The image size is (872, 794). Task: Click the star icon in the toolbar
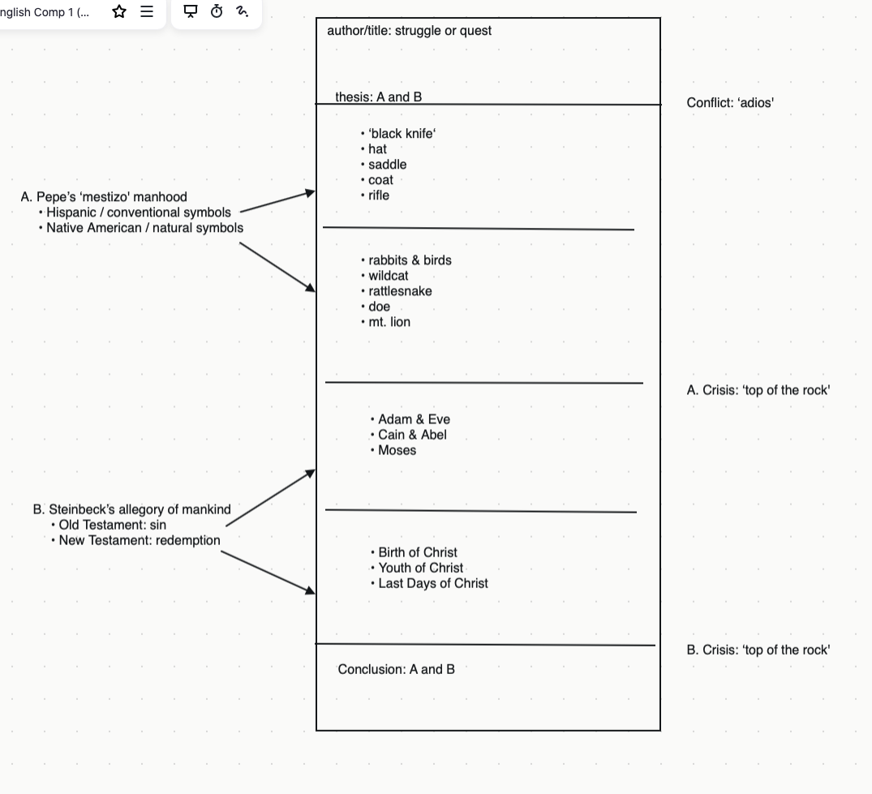(x=119, y=11)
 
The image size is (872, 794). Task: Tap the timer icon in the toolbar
(x=217, y=11)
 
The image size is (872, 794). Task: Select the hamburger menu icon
(x=147, y=11)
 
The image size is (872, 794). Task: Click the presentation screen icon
(x=191, y=11)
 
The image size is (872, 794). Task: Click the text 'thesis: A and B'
(x=378, y=97)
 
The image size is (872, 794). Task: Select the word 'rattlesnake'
(x=400, y=291)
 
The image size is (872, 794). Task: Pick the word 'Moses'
(x=397, y=450)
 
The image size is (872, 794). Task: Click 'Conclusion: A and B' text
(x=396, y=669)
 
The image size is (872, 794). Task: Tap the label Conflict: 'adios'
(x=730, y=103)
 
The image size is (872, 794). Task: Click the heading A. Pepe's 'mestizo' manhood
(x=104, y=197)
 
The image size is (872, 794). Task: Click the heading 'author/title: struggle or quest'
(x=410, y=31)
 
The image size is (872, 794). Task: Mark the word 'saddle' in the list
(x=387, y=165)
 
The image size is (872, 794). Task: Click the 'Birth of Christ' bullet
(x=418, y=552)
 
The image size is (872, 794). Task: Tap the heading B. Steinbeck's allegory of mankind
(x=131, y=509)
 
